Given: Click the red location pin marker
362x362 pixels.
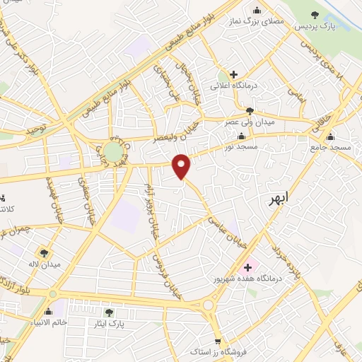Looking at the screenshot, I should pyautogui.click(x=182, y=166).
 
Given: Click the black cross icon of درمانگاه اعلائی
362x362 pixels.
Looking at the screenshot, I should pyautogui.click(x=233, y=74).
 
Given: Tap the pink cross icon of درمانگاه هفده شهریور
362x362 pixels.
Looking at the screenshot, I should pyautogui.click(x=247, y=267).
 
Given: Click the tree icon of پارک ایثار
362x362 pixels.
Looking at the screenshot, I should pyautogui.click(x=109, y=313).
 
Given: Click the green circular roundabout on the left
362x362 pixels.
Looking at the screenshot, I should pyautogui.click(x=112, y=151).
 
